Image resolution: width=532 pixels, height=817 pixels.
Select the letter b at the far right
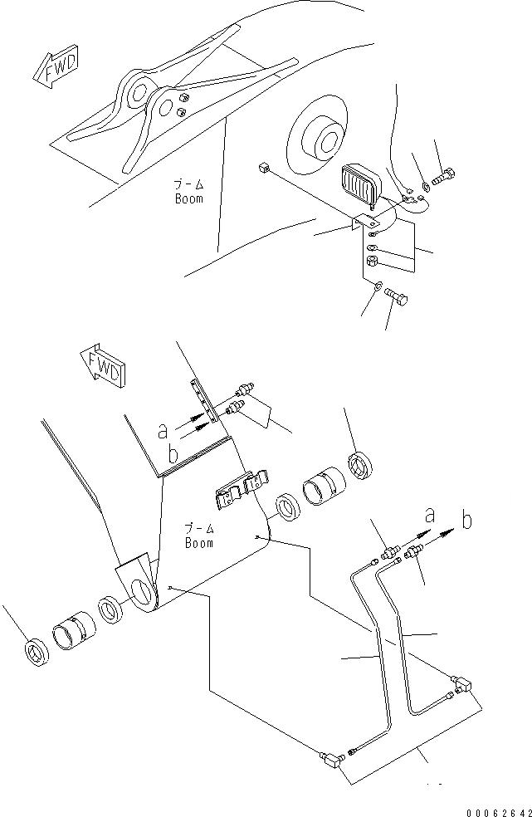tap(467, 521)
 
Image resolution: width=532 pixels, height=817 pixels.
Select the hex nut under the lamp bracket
tap(373, 262)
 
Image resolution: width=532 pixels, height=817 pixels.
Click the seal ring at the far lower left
tap(37, 652)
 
